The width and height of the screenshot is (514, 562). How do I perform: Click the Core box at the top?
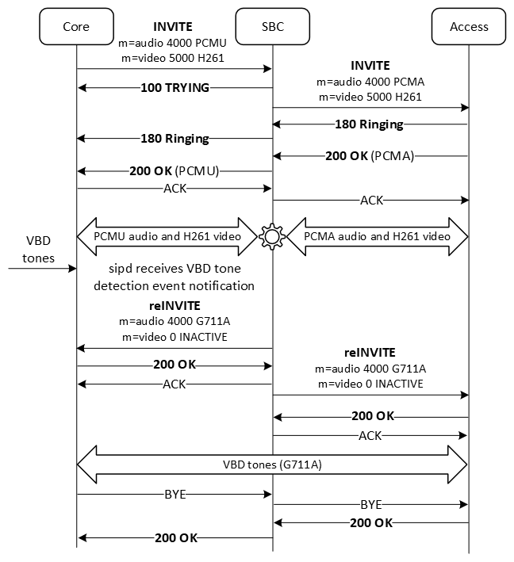76,26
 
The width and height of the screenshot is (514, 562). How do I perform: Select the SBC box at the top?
273,26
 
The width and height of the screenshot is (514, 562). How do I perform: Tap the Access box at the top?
469,26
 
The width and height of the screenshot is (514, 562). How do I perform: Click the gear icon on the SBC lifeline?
273,236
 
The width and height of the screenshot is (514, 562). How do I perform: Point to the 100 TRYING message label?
175,88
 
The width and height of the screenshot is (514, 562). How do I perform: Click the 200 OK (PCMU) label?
174,170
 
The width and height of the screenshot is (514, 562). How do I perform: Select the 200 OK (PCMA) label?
370,155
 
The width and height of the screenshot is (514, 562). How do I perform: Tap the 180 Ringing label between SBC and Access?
370,124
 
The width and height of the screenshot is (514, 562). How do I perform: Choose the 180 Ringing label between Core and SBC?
175,139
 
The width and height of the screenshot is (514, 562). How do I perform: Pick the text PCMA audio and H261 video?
378,236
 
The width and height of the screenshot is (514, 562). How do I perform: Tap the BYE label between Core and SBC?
175,495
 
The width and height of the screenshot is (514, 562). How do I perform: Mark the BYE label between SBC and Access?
370,504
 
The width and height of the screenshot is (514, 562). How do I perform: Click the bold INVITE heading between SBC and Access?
370,65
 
